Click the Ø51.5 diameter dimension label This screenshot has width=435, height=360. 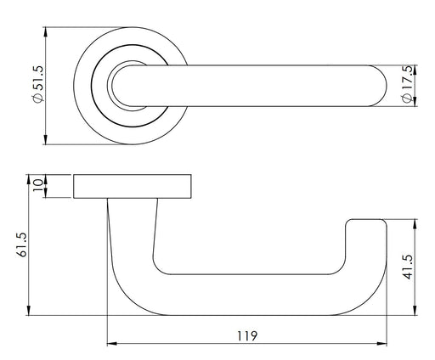(38, 84)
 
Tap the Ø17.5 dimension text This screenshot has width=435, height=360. (406, 84)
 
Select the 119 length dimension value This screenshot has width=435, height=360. (247, 336)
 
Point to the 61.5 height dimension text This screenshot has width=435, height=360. (22, 245)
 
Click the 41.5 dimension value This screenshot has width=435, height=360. (408, 267)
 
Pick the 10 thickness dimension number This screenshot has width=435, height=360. (38, 185)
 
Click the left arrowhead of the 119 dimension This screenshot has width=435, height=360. (111, 344)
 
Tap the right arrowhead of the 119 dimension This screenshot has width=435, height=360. (381, 344)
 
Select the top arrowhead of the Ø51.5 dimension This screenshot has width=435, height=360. (46, 32)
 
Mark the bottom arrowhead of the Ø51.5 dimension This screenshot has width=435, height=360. (46, 139)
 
